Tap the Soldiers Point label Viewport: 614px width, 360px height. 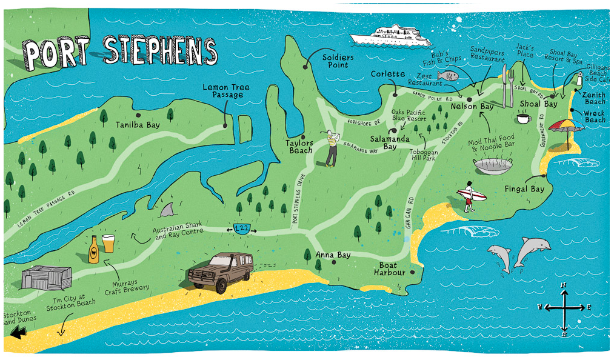point(338,61)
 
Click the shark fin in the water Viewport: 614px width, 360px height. point(168,210)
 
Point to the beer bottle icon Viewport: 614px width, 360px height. point(94,248)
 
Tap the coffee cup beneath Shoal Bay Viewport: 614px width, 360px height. point(523,118)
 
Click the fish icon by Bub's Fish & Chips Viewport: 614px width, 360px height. point(447,76)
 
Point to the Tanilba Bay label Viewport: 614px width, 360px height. point(138,125)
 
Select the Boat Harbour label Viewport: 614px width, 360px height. point(389,269)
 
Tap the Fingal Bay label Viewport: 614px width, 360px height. point(524,189)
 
